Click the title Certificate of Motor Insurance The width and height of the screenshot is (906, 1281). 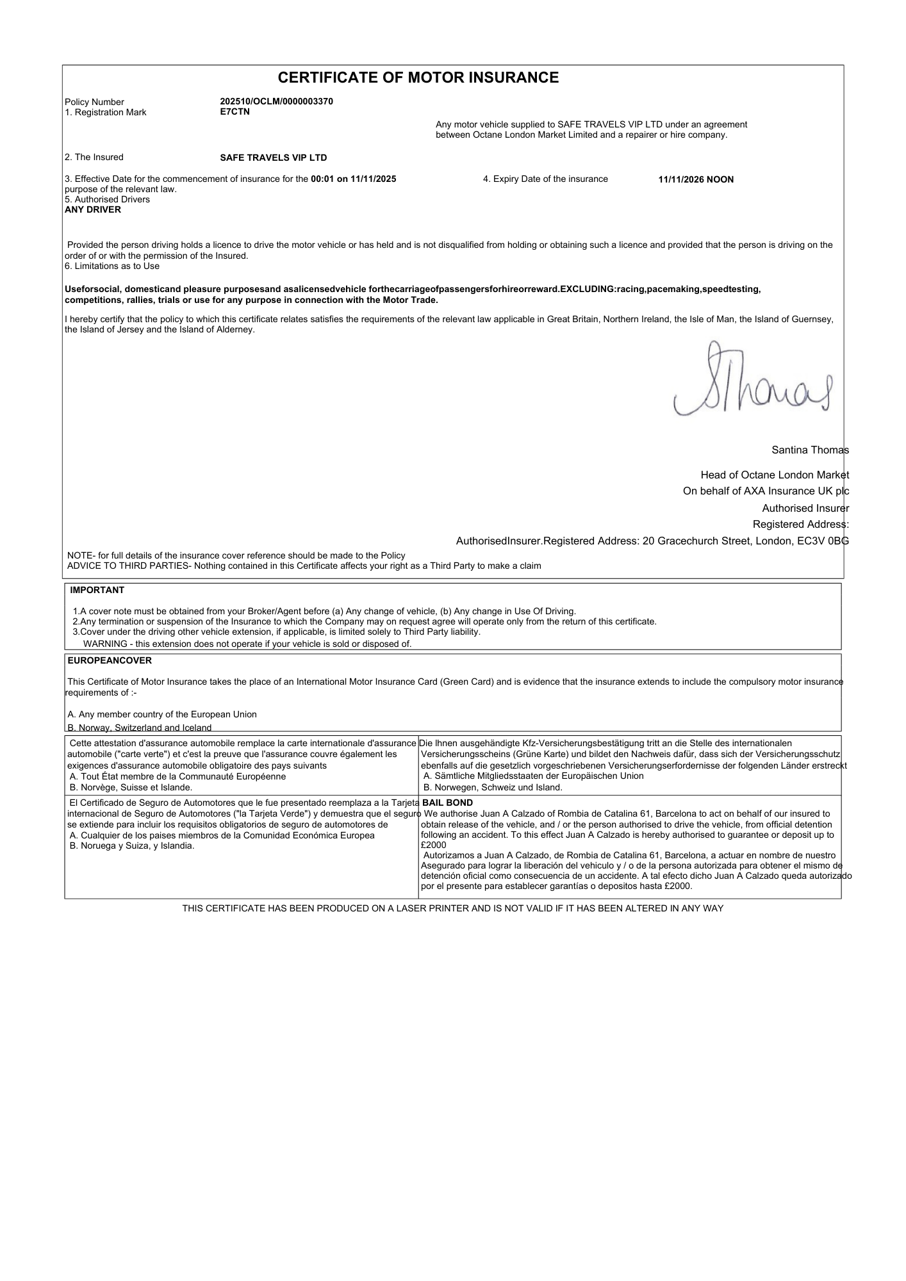(x=418, y=78)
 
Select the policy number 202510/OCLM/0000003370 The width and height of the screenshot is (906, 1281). (x=276, y=102)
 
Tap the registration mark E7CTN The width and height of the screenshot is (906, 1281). (x=235, y=112)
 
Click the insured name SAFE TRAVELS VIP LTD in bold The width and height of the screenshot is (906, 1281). (x=273, y=158)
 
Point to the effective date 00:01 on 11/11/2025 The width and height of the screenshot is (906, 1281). (x=353, y=179)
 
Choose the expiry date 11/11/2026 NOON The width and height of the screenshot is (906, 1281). (x=696, y=180)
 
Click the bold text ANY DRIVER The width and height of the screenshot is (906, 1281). (x=93, y=210)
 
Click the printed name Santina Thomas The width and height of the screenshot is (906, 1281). (x=810, y=450)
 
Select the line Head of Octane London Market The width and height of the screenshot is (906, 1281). (x=775, y=475)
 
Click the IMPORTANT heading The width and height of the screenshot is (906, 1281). (x=97, y=591)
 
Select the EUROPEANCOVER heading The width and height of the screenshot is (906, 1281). (x=110, y=661)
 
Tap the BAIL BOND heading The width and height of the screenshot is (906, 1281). (x=448, y=803)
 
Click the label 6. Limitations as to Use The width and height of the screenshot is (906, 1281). (x=112, y=266)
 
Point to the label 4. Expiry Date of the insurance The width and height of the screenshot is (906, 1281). (x=545, y=179)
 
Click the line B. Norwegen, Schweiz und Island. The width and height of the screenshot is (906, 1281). (x=493, y=788)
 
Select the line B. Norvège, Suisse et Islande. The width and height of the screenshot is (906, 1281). (x=131, y=788)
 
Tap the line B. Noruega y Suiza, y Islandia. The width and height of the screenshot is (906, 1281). (x=132, y=846)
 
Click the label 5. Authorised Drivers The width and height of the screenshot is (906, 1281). (x=108, y=200)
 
